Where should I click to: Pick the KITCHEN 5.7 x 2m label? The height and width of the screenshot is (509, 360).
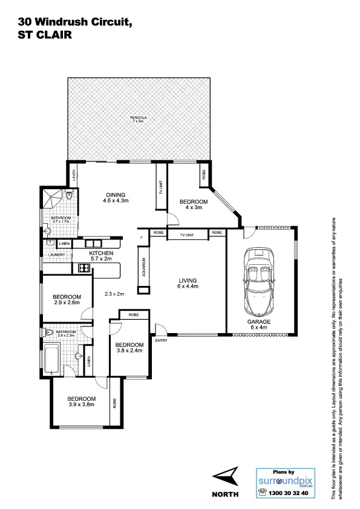coord(102,256)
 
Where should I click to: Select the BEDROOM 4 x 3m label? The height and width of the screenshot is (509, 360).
coord(193,204)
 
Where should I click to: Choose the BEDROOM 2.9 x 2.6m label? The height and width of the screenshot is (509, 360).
coord(66,300)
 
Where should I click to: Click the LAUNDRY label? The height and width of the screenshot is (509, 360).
coord(49,255)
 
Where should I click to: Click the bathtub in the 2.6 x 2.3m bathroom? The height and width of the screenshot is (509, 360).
coord(49,359)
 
